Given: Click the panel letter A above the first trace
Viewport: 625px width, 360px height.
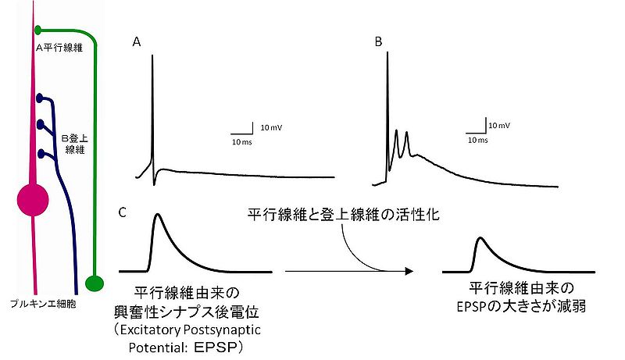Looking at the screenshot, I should pos(136,43).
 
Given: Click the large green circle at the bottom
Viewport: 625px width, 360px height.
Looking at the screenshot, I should pos(95,282).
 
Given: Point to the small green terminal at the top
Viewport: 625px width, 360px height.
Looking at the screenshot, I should pos(37,30).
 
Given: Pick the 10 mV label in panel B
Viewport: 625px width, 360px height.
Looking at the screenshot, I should pos(501,125).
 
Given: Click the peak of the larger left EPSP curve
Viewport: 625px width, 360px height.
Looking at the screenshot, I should pos(159,214).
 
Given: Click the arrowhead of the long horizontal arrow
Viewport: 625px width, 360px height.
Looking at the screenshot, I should pos(409,272).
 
